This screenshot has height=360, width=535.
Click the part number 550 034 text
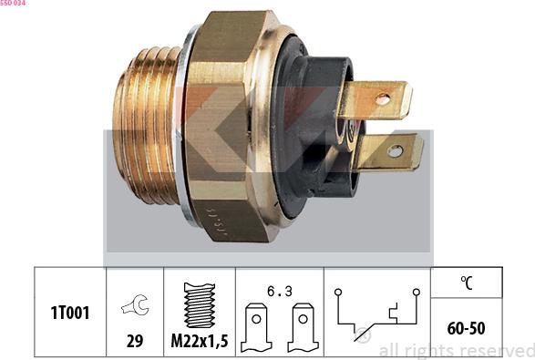(x=13, y=3)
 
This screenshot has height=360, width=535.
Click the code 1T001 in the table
(x=70, y=313)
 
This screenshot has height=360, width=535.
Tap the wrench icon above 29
(x=135, y=304)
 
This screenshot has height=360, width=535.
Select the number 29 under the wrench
(x=135, y=341)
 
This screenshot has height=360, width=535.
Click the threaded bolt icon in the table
(x=200, y=305)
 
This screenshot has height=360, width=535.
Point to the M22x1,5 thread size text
(x=200, y=341)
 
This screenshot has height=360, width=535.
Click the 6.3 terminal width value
(x=280, y=291)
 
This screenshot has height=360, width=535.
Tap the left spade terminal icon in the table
(x=256, y=327)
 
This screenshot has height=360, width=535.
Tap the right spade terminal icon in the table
(x=303, y=327)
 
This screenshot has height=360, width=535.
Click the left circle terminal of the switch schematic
(x=338, y=292)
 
